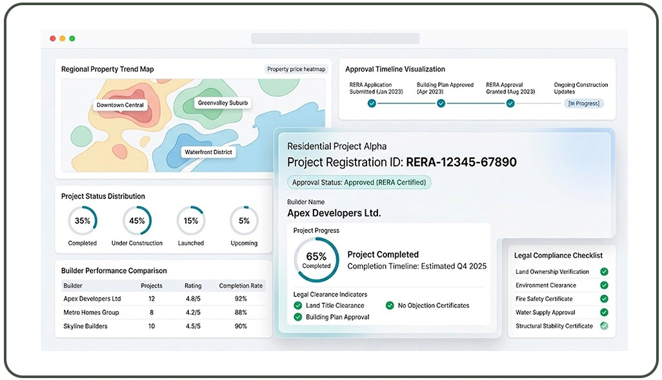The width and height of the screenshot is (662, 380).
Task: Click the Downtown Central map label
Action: [120, 105]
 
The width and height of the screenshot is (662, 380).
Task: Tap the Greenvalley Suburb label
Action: [223, 103]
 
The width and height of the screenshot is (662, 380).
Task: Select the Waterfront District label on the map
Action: [208, 152]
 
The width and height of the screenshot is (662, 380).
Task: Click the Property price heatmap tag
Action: [296, 69]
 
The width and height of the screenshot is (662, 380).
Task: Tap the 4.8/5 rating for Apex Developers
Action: [193, 299]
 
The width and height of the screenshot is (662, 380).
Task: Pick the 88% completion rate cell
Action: [241, 312]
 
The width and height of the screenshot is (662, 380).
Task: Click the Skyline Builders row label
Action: [85, 326]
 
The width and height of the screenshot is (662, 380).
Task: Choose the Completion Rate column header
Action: [241, 285]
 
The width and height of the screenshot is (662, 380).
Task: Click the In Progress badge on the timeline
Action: [584, 103]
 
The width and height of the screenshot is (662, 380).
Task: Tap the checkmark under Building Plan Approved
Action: [441, 103]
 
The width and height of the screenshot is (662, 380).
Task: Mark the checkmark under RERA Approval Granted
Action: [510, 103]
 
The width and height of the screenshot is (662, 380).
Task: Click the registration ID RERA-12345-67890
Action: [461, 162]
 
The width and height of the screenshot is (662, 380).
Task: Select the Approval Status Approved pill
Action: [359, 183]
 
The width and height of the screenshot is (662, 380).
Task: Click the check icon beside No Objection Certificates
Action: [390, 305]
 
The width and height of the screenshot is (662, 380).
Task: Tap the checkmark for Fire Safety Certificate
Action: [604, 299]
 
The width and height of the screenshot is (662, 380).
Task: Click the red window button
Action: [53, 39]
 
